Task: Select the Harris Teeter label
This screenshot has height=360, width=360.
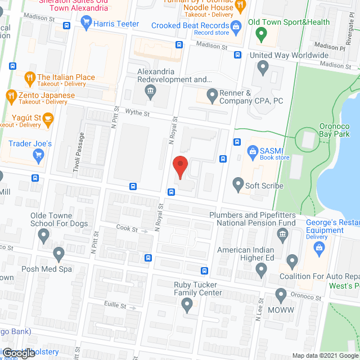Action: pos(116,24)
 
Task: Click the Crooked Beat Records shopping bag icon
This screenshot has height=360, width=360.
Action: pos(237,26)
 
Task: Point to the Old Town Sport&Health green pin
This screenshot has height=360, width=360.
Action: pos(260,34)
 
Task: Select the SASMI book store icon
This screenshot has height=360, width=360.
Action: pos(251,150)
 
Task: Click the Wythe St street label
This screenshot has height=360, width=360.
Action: pos(137,113)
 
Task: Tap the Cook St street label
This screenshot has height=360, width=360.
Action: pos(127,229)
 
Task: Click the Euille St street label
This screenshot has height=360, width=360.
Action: pos(115,306)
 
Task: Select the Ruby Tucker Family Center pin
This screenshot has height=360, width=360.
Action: pos(188,305)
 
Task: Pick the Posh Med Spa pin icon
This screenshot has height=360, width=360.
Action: pos(58,255)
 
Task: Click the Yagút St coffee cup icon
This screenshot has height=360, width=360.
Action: pos(48,118)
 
